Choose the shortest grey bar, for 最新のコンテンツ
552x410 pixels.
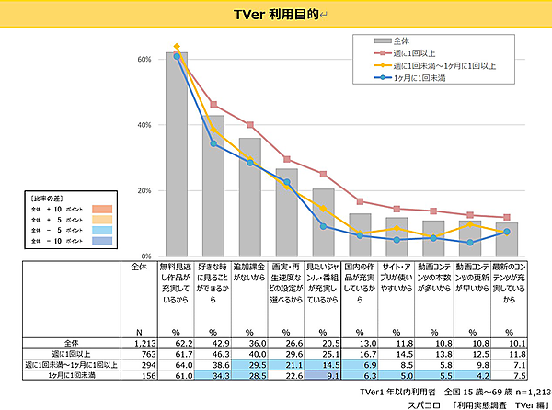507,239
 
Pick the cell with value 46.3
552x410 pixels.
213,353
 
